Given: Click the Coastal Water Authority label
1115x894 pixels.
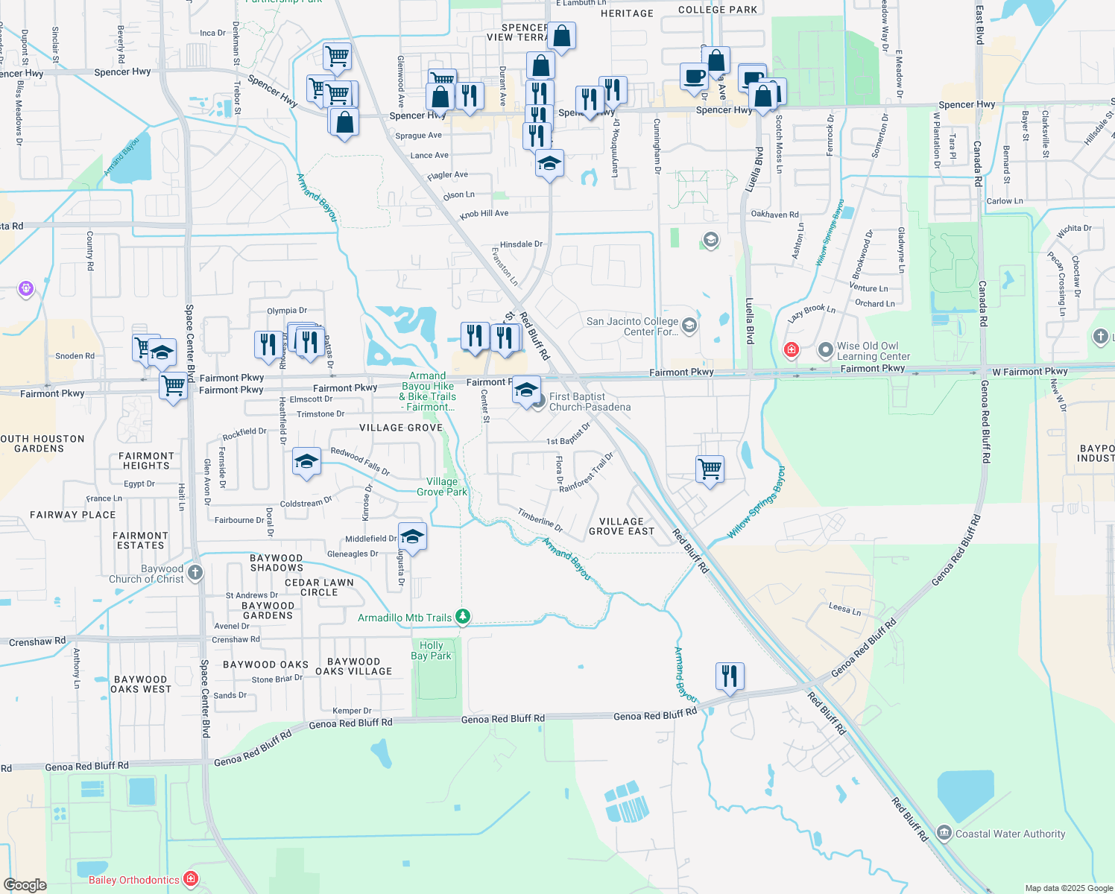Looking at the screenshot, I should tap(1010, 834).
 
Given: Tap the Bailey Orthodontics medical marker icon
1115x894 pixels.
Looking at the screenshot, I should tap(191, 879).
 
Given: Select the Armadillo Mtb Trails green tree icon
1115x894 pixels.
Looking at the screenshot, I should tap(463, 617).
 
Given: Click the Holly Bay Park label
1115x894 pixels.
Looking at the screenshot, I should tap(431, 650).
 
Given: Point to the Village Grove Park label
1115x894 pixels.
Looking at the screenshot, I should tap(442, 486).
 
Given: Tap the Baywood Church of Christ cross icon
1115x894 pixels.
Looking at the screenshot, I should tap(195, 572).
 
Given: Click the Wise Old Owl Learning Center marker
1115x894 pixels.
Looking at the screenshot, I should tap(825, 349).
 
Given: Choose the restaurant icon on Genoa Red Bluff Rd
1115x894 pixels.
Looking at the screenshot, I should tap(729, 676).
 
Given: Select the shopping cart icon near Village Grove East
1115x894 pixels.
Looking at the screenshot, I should tap(710, 469).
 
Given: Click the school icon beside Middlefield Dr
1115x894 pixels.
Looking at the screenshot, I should tap(412, 536).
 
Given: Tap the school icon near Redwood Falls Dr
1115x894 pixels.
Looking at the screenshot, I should tap(306, 462).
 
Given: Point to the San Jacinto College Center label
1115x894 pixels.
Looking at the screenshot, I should tap(632, 326).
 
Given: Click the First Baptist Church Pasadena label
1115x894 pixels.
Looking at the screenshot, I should tap(590, 402).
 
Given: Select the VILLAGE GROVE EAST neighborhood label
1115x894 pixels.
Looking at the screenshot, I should tap(622, 527).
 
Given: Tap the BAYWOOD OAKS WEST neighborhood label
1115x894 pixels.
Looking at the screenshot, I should tap(141, 684).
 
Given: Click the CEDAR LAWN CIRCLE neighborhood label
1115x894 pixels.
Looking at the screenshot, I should tap(319, 587).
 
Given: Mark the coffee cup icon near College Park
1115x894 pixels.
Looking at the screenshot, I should tap(694, 77).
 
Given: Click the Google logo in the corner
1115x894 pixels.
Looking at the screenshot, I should tap(25, 884).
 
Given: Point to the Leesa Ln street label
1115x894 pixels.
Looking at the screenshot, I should tap(844, 609).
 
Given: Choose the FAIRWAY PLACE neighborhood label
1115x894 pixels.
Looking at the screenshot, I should tap(73, 515).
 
